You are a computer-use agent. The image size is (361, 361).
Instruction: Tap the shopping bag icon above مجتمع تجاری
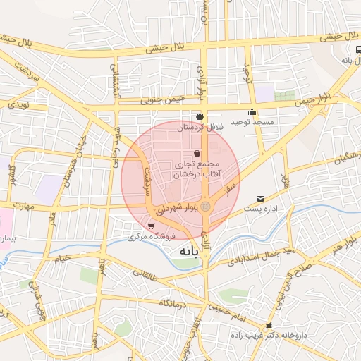(x=197, y=153)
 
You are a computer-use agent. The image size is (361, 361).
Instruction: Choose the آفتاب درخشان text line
(x=197, y=173)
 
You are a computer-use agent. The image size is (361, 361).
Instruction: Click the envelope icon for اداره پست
(x=261, y=199)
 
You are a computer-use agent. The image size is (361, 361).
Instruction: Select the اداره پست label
(x=262, y=209)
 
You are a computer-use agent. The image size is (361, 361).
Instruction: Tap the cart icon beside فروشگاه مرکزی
(x=151, y=226)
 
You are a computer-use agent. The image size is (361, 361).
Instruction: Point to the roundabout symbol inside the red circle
(x=205, y=206)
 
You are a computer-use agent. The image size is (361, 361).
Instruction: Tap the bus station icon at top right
(x=358, y=49)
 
